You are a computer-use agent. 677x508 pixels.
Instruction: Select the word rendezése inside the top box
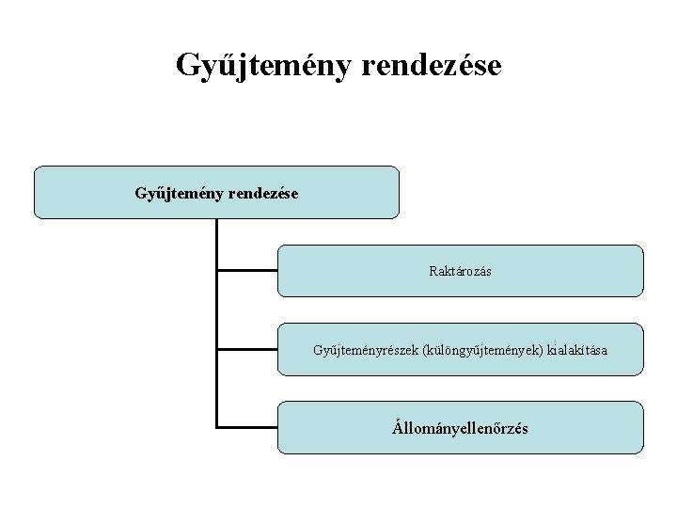click(260, 193)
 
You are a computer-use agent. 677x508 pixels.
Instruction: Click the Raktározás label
click(461, 271)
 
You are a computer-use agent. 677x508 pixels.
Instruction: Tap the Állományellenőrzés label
click(461, 428)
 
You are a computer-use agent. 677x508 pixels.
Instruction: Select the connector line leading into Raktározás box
click(246, 271)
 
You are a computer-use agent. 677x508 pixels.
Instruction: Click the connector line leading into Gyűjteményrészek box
click(246, 349)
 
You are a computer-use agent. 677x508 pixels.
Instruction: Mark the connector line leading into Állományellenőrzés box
click(246, 427)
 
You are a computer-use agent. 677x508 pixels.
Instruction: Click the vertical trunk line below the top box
click(216, 310)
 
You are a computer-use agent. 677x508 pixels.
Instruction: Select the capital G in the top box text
click(140, 193)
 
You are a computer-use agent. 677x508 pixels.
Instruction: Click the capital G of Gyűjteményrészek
click(318, 350)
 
